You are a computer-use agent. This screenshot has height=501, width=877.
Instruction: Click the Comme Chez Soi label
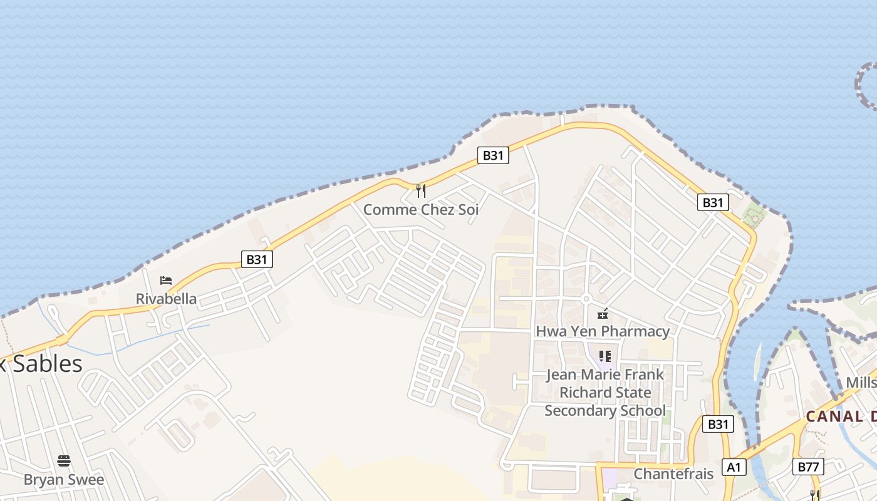[421, 210]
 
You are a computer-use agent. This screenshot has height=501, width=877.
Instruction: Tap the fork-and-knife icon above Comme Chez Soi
[421, 190]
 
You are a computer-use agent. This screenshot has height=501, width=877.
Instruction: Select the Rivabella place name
[166, 299]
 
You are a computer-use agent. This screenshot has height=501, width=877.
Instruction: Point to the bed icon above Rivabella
[166, 280]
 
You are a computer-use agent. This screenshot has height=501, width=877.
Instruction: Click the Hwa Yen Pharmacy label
[603, 331]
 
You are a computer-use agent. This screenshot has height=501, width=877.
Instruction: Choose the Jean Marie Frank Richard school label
[605, 393]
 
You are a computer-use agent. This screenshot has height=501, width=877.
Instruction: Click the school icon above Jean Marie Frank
[605, 356]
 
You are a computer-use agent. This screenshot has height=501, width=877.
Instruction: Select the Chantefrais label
[673, 473]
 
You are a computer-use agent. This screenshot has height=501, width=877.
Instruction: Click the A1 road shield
[734, 467]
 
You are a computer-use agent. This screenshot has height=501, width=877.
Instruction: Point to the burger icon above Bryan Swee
[64, 462]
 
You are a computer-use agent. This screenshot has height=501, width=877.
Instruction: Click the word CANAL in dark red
[834, 416]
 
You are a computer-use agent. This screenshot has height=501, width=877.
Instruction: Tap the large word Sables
[48, 364]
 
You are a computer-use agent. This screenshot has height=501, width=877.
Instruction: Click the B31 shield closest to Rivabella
[257, 259]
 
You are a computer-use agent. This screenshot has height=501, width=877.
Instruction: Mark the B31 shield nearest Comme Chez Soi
[493, 155]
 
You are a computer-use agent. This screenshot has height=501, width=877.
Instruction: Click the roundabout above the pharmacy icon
[587, 299]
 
